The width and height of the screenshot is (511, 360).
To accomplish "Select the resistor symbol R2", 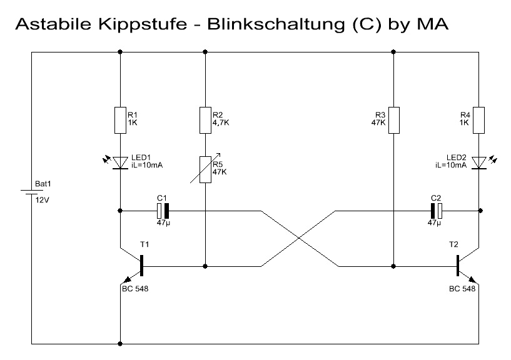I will coord(206,120).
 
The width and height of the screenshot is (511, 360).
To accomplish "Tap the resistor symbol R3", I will coord(393,120).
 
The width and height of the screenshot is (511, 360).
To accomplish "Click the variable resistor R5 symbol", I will coord(206,169).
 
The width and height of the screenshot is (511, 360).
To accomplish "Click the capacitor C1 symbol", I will coord(163,211).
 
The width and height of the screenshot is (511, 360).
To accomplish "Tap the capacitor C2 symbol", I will coord(436,211).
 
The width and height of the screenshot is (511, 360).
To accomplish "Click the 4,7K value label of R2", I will coord(221,123).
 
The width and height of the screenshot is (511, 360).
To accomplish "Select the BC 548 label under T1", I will coord(135,289).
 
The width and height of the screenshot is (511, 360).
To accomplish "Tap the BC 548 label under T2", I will coord(462,289).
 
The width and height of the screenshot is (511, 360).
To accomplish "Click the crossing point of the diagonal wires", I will coord(299,239).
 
